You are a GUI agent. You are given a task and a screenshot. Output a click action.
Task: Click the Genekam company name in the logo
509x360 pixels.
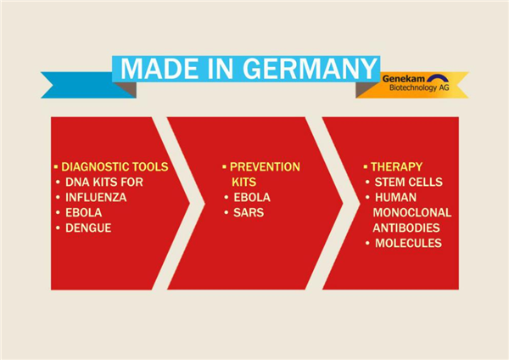pyautogui.click(x=403, y=78)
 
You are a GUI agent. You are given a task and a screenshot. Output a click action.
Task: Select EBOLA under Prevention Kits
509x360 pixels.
pyautogui.click(x=252, y=197)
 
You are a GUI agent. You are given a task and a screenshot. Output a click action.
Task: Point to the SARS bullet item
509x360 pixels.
pyautogui.click(x=249, y=212)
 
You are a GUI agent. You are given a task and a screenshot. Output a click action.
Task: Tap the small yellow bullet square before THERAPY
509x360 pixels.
pyautogui.click(x=366, y=166)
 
